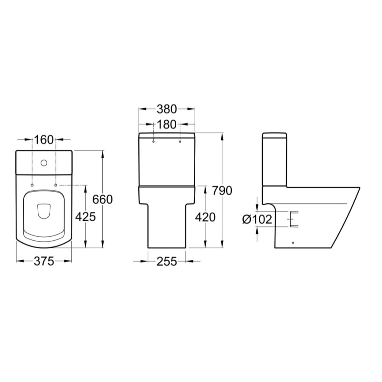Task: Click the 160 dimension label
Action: coord(44,139)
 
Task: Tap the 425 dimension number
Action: coord(85,216)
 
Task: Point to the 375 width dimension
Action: coord(44,261)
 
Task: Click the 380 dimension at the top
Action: coord(166,109)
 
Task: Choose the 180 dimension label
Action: coord(166,125)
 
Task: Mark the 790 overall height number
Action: coord(222,191)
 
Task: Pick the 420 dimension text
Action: coord(205,217)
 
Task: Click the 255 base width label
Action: coord(166,261)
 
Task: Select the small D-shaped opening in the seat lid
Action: coord(44,211)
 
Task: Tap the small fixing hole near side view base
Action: coord(293,242)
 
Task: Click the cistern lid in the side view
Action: coord(275,137)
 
